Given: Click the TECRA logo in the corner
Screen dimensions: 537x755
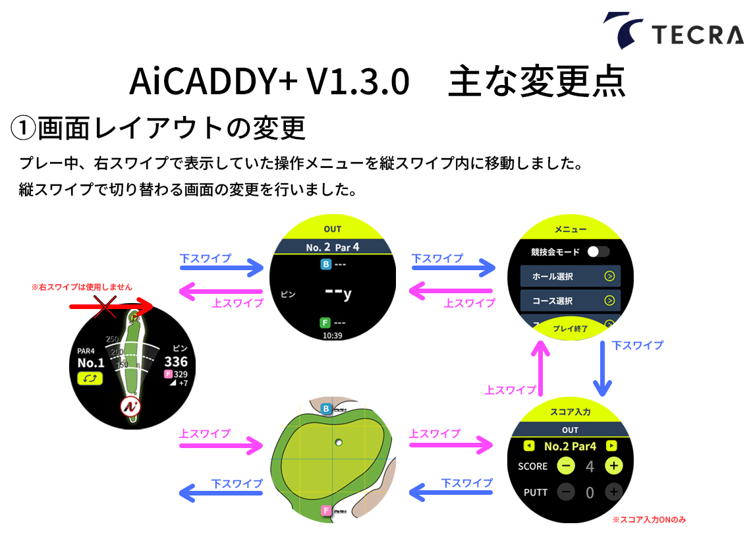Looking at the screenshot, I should (673, 31).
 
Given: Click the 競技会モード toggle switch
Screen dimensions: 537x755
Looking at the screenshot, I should (599, 251).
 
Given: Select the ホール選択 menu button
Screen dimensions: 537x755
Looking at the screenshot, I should (570, 276).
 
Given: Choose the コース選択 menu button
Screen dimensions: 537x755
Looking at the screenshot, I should (570, 300).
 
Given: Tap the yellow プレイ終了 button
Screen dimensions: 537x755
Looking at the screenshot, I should (571, 327).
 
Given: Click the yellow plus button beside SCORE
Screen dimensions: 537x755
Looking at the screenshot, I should (613, 466).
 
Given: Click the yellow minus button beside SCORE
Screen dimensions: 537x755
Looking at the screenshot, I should (565, 466).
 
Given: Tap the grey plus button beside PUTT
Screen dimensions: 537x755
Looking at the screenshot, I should (613, 491).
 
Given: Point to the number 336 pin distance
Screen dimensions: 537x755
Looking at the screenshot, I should (176, 361).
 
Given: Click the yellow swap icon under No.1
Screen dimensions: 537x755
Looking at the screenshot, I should (90, 378).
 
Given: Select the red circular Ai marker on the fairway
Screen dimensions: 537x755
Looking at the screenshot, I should (130, 407).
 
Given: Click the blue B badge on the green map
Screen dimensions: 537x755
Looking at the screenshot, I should (325, 409).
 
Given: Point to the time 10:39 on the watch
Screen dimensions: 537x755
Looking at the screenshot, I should (333, 335).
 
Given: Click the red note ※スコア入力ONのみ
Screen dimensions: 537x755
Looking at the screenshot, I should (648, 520).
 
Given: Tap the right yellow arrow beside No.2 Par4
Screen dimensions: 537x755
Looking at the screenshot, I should (611, 446).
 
